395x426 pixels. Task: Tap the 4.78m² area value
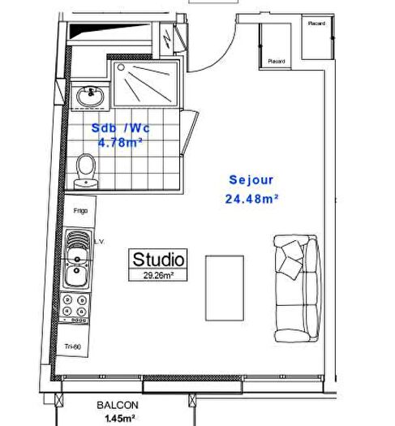(x=120, y=143)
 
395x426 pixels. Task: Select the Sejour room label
(x=252, y=181)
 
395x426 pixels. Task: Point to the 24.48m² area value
(x=252, y=199)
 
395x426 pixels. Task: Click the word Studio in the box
(x=159, y=260)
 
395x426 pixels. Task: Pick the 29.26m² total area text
(x=159, y=275)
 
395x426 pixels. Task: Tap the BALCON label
(x=118, y=406)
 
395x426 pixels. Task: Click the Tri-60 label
(x=73, y=347)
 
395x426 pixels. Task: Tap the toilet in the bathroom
(x=85, y=171)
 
